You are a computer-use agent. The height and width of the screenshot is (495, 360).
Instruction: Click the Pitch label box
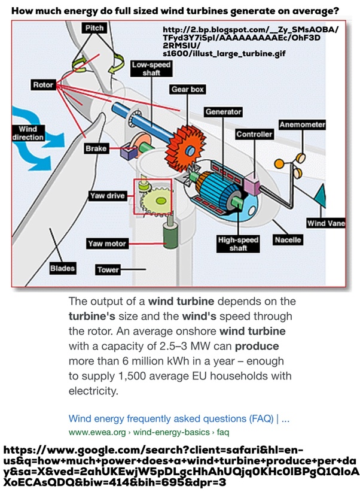94,28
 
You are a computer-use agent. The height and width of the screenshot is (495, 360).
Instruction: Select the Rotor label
42,85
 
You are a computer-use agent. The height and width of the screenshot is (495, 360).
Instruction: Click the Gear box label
188,89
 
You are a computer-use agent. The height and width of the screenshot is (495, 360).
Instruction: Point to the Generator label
223,112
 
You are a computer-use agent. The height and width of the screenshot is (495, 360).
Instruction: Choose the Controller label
254,134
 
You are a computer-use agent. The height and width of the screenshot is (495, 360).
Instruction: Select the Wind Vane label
324,223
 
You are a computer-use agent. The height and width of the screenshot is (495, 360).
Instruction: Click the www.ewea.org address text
99,431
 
